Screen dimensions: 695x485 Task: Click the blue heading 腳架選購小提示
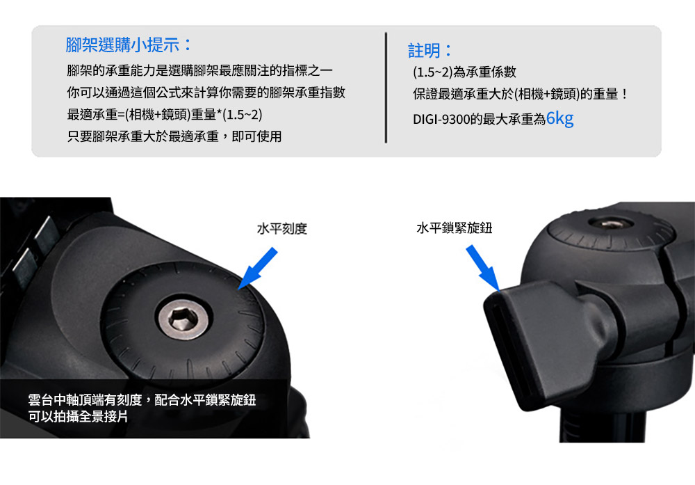click(129, 45)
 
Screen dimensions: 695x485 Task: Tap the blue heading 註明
click(430, 51)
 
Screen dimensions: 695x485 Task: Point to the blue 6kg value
click(559, 118)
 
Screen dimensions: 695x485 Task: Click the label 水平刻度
click(282, 228)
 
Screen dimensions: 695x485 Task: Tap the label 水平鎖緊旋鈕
click(455, 228)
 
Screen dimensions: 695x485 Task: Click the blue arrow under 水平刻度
click(258, 269)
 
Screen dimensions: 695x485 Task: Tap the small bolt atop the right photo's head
click(610, 223)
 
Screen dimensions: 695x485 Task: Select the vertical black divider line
click(386, 88)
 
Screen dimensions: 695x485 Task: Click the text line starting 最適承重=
click(165, 115)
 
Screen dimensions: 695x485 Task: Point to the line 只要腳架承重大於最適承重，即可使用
click(174, 136)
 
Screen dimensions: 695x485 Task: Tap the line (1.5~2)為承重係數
click(464, 72)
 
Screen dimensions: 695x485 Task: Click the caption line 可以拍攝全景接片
click(78, 417)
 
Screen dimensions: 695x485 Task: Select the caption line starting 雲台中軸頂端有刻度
click(142, 400)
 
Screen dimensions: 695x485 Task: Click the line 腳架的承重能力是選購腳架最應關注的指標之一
click(199, 70)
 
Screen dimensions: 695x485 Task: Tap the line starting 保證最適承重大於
click(521, 94)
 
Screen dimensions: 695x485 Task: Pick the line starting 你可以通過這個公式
click(206, 93)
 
